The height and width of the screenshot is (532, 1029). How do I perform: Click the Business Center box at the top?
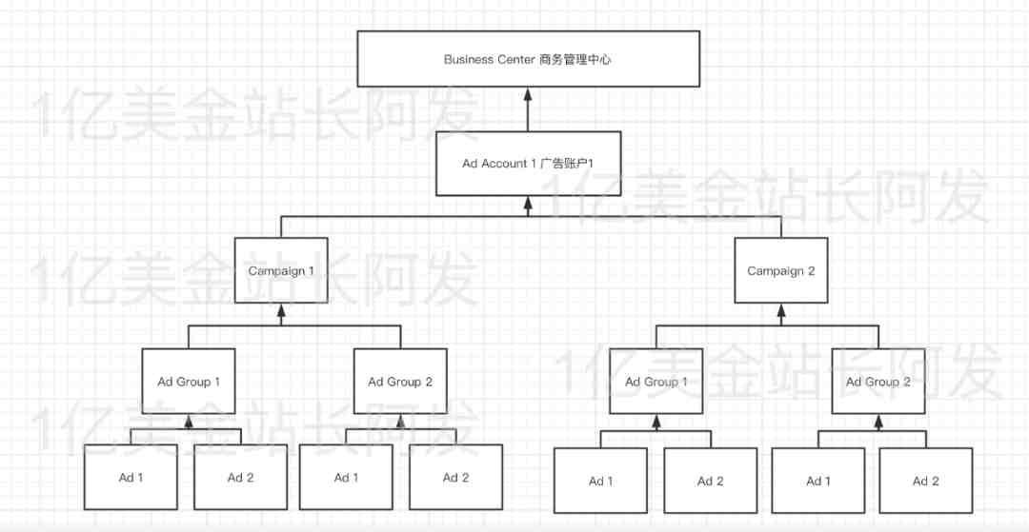pyautogui.click(x=528, y=59)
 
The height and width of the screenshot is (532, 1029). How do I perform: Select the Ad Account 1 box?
pyautogui.click(x=528, y=163)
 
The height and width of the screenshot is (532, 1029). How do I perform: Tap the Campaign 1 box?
pyautogui.click(x=281, y=270)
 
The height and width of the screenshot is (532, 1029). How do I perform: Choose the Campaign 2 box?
pyautogui.click(x=781, y=270)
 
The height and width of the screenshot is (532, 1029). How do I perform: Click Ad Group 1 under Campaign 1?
pyautogui.click(x=189, y=382)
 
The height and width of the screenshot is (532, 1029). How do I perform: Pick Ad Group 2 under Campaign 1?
pyautogui.click(x=400, y=382)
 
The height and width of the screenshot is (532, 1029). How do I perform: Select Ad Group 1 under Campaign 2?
pyautogui.click(x=656, y=382)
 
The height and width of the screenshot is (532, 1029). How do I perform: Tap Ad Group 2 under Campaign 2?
pyautogui.click(x=878, y=382)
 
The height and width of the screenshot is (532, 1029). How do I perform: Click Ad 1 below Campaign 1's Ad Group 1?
pyautogui.click(x=131, y=477)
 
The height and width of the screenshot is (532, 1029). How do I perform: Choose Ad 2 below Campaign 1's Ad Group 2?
pyautogui.click(x=455, y=477)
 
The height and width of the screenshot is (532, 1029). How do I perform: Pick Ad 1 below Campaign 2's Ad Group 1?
pyautogui.click(x=600, y=481)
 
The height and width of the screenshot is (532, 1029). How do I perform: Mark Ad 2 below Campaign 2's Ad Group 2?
pyautogui.click(x=925, y=481)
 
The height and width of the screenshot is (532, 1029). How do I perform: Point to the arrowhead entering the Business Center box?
pyautogui.click(x=528, y=93)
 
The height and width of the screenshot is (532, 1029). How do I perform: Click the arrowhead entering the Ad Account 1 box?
pyautogui.click(x=528, y=203)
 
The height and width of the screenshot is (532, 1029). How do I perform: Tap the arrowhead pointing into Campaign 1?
pyautogui.click(x=281, y=310)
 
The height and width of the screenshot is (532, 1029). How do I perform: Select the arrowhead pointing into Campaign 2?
pyautogui.click(x=781, y=310)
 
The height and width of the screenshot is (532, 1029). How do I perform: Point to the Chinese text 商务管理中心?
pyautogui.click(x=575, y=60)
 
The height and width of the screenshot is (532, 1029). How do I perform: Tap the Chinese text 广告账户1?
pyautogui.click(x=566, y=164)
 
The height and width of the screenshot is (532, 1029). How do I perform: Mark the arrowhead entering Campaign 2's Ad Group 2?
pyautogui.click(x=878, y=421)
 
